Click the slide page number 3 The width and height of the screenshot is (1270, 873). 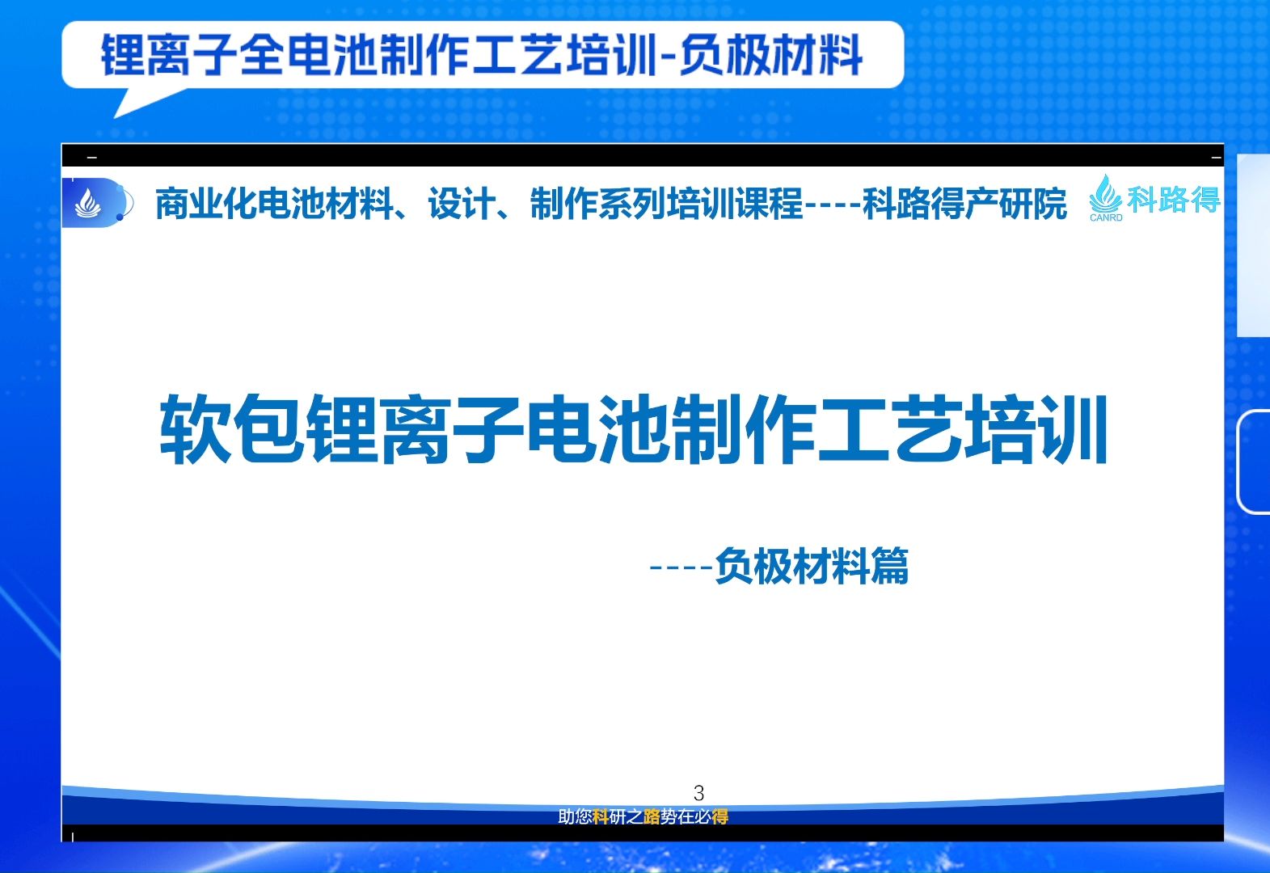(x=698, y=792)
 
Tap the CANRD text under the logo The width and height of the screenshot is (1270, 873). (x=1106, y=217)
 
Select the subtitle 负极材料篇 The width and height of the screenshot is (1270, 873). (x=812, y=566)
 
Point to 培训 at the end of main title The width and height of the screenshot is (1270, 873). (x=1036, y=429)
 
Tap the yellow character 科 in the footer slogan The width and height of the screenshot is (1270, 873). (x=600, y=817)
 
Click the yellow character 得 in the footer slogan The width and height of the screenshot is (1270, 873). (x=720, y=817)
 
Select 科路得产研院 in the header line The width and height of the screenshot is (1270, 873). (x=964, y=204)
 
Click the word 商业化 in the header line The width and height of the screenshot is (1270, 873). (x=206, y=204)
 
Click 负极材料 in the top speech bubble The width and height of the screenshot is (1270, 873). (x=771, y=55)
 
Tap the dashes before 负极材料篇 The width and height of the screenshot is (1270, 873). (x=681, y=567)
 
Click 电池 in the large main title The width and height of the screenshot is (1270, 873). (x=597, y=429)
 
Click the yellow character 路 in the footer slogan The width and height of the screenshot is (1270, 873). (x=652, y=817)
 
